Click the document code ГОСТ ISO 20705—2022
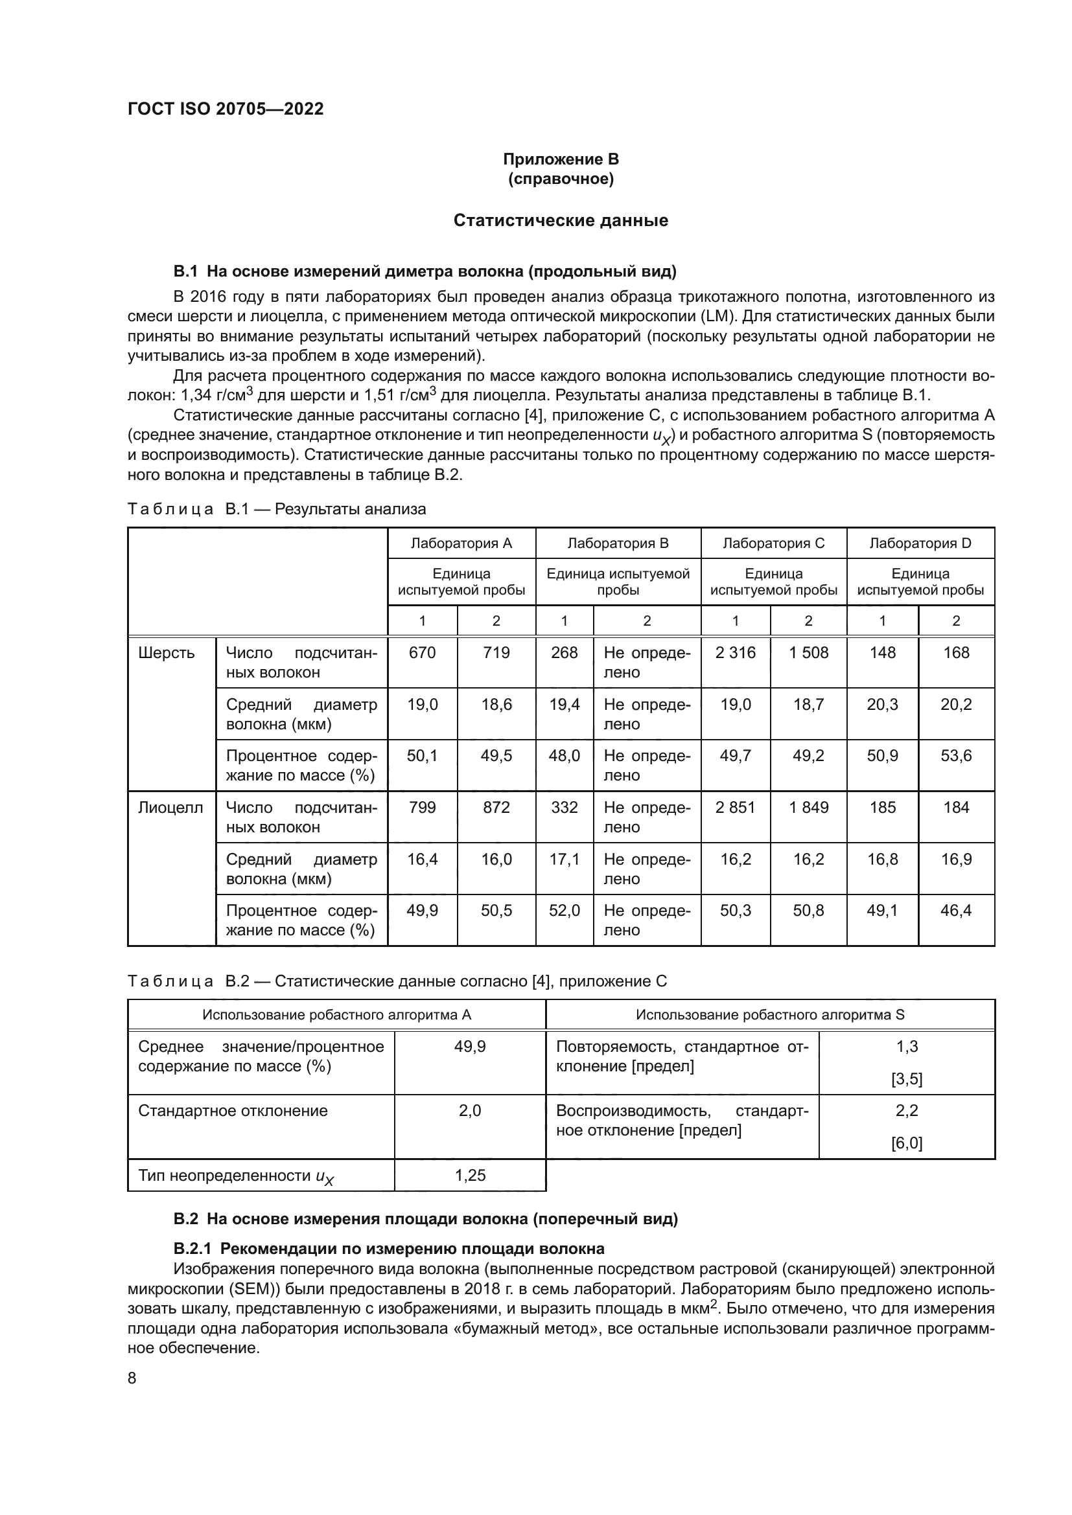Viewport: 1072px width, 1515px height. tap(226, 109)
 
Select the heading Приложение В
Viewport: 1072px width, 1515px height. tap(561, 159)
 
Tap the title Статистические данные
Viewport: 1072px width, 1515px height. tap(561, 220)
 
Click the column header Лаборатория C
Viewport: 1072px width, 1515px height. tap(774, 543)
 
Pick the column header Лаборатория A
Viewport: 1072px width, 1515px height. tap(461, 543)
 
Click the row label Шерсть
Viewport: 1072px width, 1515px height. tap(167, 653)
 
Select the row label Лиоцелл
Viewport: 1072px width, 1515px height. tap(170, 808)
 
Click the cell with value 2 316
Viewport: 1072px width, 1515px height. tap(736, 653)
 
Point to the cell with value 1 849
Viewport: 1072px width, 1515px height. tap(809, 808)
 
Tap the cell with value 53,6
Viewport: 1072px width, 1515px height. tap(956, 755)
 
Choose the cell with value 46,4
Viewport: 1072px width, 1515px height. tap(956, 911)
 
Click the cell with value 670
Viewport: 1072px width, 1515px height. tap(423, 653)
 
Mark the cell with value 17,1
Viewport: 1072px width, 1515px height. tap(565, 859)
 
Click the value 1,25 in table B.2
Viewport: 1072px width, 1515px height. tap(470, 1175)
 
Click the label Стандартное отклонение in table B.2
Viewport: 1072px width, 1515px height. tap(233, 1111)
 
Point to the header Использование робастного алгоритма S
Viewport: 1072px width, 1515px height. tap(770, 1015)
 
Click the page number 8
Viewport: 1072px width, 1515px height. tap(132, 1378)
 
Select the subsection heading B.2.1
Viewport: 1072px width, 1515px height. tap(389, 1248)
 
